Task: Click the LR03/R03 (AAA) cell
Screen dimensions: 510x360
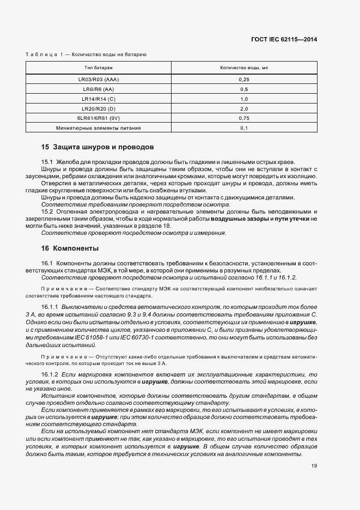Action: pos(99,79)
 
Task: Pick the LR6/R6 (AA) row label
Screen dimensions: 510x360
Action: pos(99,89)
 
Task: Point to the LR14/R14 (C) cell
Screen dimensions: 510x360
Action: pos(99,99)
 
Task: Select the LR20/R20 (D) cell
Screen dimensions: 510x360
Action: pos(99,108)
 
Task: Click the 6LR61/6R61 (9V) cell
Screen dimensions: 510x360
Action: pos(99,118)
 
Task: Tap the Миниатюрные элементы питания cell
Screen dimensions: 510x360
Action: pos(99,128)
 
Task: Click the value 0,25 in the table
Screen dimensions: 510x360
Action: pos(244,79)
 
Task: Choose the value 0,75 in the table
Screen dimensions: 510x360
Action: pos(244,118)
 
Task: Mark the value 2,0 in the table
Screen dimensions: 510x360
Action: pos(244,108)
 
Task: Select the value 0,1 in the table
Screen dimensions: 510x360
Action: pos(244,128)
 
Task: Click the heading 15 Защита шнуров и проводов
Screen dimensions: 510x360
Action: pos(97,147)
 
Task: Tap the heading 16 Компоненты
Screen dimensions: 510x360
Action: pos(70,248)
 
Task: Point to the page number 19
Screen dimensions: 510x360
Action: pos(314,466)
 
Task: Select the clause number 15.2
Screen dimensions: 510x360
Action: pos(47,211)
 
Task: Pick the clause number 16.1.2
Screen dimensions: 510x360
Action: pos(50,375)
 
